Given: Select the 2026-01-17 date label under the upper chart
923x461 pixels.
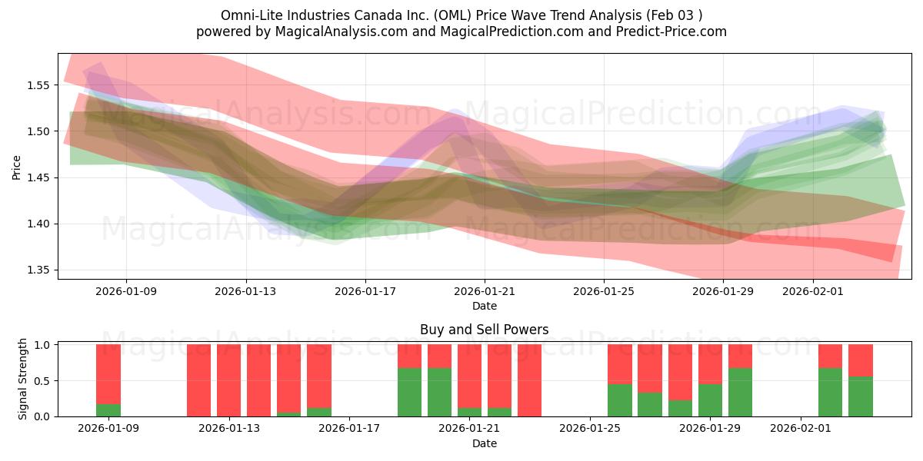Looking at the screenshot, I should click(365, 291).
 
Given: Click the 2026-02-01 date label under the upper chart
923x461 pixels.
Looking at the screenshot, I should click(813, 291).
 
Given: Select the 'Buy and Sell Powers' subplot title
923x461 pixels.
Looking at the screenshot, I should click(484, 330).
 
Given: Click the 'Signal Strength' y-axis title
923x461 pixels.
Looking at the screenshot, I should click(23, 379).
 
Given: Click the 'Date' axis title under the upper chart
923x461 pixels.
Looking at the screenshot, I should click(484, 306).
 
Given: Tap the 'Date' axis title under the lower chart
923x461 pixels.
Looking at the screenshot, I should click(484, 443).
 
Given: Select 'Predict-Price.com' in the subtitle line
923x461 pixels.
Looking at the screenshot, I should click(674, 32).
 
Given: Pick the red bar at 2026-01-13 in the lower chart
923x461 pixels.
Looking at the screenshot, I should click(228, 380).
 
